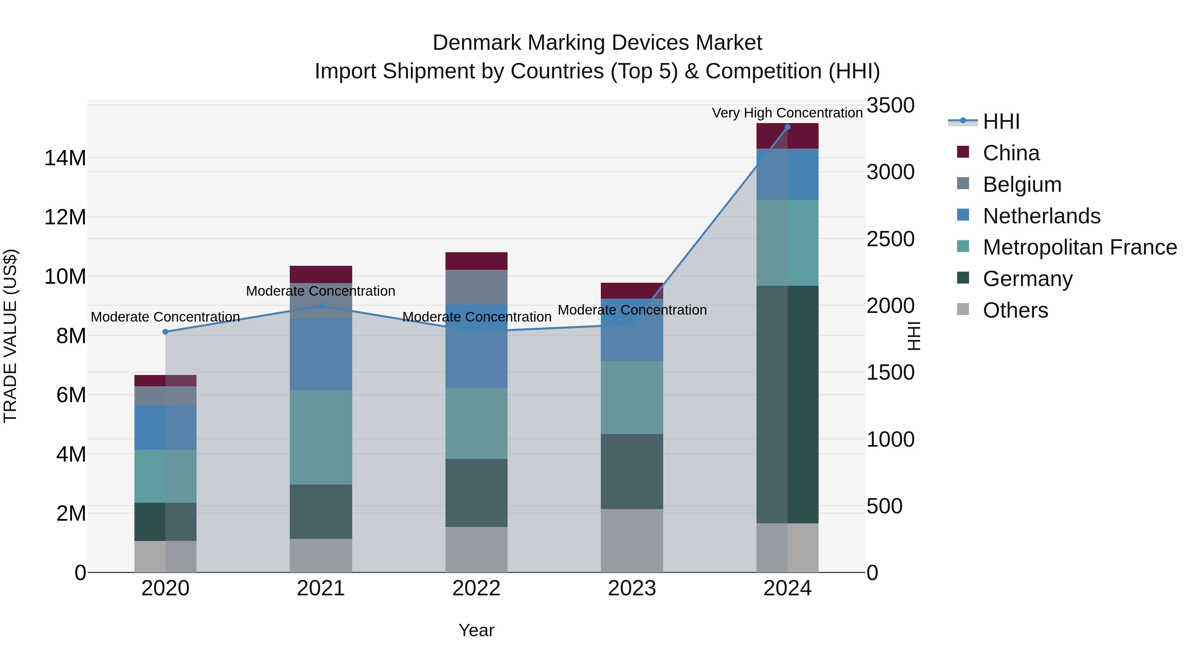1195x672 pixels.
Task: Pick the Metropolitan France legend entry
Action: pos(1079,247)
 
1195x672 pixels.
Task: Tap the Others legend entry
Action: pos(1015,310)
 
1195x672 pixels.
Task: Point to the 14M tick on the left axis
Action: pos(65,158)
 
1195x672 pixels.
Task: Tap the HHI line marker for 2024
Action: pos(787,127)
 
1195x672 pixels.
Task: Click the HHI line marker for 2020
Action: pos(166,332)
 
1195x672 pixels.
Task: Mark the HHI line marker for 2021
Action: pos(321,306)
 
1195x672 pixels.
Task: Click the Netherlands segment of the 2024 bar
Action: pos(787,174)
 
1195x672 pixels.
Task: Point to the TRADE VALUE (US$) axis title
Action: pos(11,336)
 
